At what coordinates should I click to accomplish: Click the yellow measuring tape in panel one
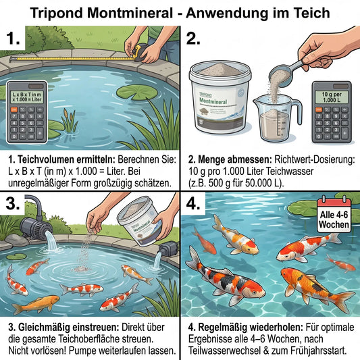81,59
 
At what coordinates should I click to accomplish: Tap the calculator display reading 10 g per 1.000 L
331,93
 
